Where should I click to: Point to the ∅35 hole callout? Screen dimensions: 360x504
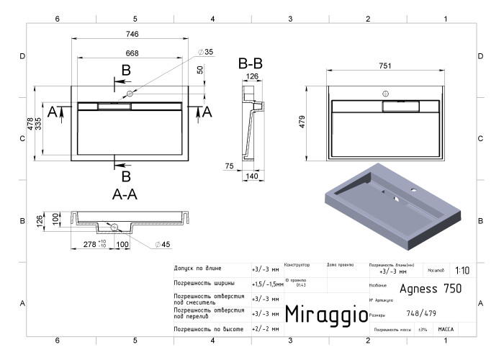coord(206,52)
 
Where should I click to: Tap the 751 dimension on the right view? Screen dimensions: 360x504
coord(385,66)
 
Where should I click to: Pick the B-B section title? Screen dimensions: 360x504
coord(251,63)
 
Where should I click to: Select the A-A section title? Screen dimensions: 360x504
coord(126,194)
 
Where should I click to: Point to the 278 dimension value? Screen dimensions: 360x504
coord(90,245)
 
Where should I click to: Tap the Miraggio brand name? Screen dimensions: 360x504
coord(322,314)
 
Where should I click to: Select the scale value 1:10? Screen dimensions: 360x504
coord(462,271)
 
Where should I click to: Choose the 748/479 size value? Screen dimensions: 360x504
coord(420,313)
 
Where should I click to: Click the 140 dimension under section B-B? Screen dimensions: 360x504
coord(251,175)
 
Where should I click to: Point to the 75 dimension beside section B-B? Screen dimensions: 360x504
coord(230,166)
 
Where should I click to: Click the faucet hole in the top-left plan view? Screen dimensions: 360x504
coord(130,94)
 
